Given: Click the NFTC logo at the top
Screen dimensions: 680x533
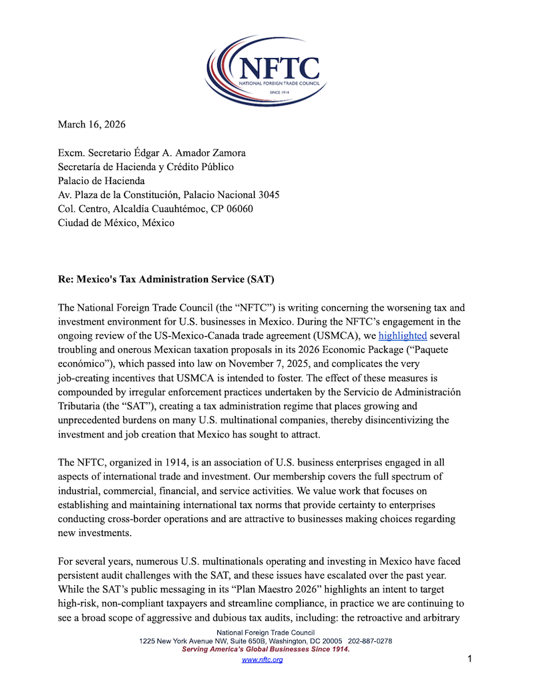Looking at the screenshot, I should coord(266,71).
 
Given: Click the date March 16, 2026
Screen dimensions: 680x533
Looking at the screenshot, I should coord(91,124).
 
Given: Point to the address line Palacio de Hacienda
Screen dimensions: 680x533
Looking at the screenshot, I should coord(101,181).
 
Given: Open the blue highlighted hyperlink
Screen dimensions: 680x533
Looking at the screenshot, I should coord(402,336).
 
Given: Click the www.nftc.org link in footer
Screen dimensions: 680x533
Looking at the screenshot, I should coord(262,659).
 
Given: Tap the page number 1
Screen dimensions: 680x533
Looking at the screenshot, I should coord(470,659).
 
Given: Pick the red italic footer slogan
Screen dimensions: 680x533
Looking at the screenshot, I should coord(266,649).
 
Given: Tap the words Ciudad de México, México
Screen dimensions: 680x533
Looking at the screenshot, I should coord(116,223).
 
